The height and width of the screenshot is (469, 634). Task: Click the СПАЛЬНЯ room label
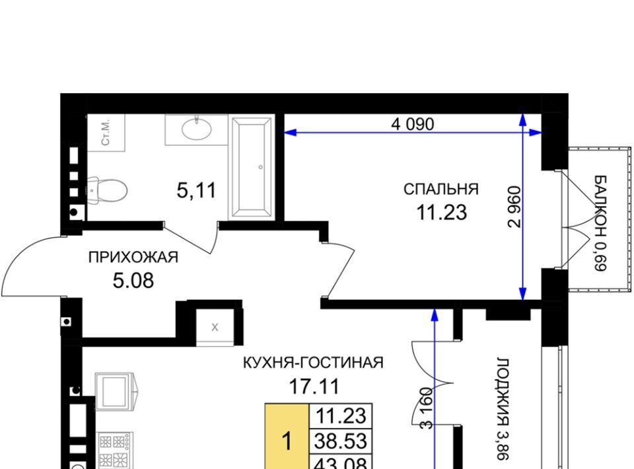(x=441, y=189)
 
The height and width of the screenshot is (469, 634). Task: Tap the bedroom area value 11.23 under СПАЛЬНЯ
(x=442, y=212)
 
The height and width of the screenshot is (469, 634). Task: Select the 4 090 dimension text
(x=412, y=124)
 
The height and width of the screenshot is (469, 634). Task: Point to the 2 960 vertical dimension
(x=514, y=207)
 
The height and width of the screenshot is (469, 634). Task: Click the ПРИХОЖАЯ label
(x=133, y=257)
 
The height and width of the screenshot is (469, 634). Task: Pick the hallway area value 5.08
(x=133, y=281)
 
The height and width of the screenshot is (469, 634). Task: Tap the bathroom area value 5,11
(x=197, y=190)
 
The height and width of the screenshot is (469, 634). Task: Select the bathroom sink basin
(x=196, y=129)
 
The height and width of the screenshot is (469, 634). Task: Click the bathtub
(x=251, y=168)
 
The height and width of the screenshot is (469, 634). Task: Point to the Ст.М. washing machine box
(x=106, y=133)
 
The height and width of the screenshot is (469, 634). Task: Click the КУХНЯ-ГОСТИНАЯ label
(x=313, y=363)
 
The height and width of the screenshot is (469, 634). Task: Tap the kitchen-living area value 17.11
(x=314, y=386)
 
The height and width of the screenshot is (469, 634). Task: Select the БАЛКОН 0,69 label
(x=600, y=223)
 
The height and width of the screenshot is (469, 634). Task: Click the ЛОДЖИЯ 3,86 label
(x=503, y=408)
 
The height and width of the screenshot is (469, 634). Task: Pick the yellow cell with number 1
(x=287, y=436)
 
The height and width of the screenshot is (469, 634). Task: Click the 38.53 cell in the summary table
(x=341, y=441)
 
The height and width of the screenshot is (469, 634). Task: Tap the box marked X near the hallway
(x=215, y=327)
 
